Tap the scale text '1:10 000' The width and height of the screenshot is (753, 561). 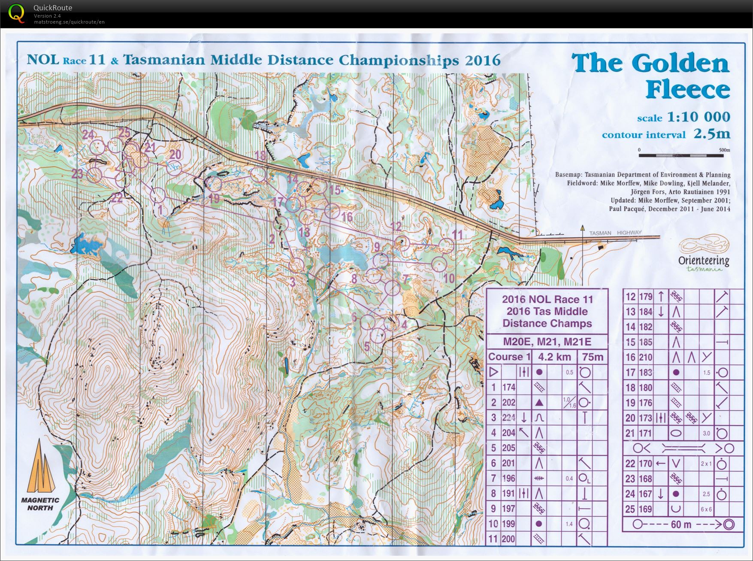click(x=698, y=117)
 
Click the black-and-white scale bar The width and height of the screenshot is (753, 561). click(x=681, y=155)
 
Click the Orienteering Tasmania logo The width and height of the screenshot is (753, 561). click(x=704, y=253)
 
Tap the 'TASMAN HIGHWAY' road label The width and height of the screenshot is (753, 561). click(x=615, y=233)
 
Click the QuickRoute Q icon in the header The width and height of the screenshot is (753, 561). click(x=16, y=13)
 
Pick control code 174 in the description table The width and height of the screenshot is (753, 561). click(x=508, y=387)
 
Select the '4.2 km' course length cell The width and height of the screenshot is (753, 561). click(x=554, y=357)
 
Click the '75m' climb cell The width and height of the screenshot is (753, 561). click(x=593, y=357)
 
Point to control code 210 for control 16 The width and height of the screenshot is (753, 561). click(x=645, y=357)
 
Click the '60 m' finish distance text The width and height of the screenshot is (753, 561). click(x=681, y=524)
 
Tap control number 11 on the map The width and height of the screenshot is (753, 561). click(x=458, y=235)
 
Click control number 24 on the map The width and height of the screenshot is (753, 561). click(x=88, y=135)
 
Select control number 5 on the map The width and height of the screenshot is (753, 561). click(x=367, y=346)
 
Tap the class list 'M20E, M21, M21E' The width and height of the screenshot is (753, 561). click(x=547, y=342)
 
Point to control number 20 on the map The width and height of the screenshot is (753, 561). click(x=175, y=154)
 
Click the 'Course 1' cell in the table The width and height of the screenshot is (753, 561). click(x=509, y=357)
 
